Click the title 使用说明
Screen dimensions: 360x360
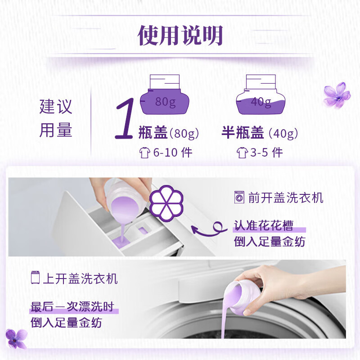[x=180, y=36]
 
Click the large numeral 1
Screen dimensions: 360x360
[x=125, y=118]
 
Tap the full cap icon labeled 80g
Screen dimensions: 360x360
[x=165, y=94]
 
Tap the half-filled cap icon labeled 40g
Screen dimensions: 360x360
[x=261, y=94]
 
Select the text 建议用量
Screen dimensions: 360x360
[x=56, y=118]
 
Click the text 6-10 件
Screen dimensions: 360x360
[x=173, y=153]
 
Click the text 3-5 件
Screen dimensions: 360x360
[x=266, y=153]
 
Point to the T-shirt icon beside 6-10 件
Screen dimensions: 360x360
[x=144, y=153]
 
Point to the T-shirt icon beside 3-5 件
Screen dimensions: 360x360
[x=242, y=153]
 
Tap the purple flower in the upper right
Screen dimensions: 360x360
[x=337, y=95]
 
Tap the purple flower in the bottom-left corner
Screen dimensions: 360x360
[x=16, y=339]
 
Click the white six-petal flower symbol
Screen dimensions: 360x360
[x=166, y=203]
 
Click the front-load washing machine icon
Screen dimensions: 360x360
[x=239, y=198]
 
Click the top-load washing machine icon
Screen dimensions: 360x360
[x=35, y=278]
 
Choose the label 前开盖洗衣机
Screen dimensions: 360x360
[x=286, y=198]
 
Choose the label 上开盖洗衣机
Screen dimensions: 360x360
[x=81, y=279]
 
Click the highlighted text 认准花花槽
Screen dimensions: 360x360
[x=264, y=225]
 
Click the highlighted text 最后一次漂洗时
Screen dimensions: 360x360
[x=72, y=306]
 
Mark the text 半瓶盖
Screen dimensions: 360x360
[x=243, y=132]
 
